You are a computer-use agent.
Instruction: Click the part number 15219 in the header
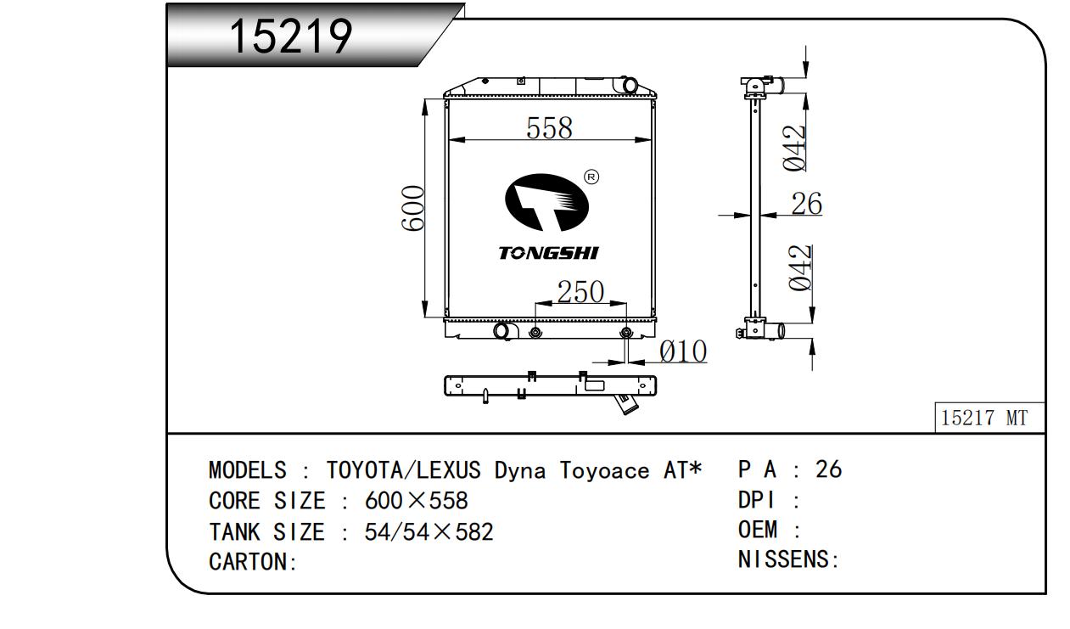290,36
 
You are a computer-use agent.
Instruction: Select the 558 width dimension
549,128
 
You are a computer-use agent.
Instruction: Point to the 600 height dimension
413,208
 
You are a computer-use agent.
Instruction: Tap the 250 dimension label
580,291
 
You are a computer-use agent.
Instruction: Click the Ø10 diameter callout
682,351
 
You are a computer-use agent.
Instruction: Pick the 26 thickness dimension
807,204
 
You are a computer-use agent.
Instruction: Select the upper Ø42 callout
794,149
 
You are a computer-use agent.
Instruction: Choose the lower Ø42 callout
800,268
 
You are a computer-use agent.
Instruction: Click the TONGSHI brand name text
548,253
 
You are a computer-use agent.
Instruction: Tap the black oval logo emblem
547,203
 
